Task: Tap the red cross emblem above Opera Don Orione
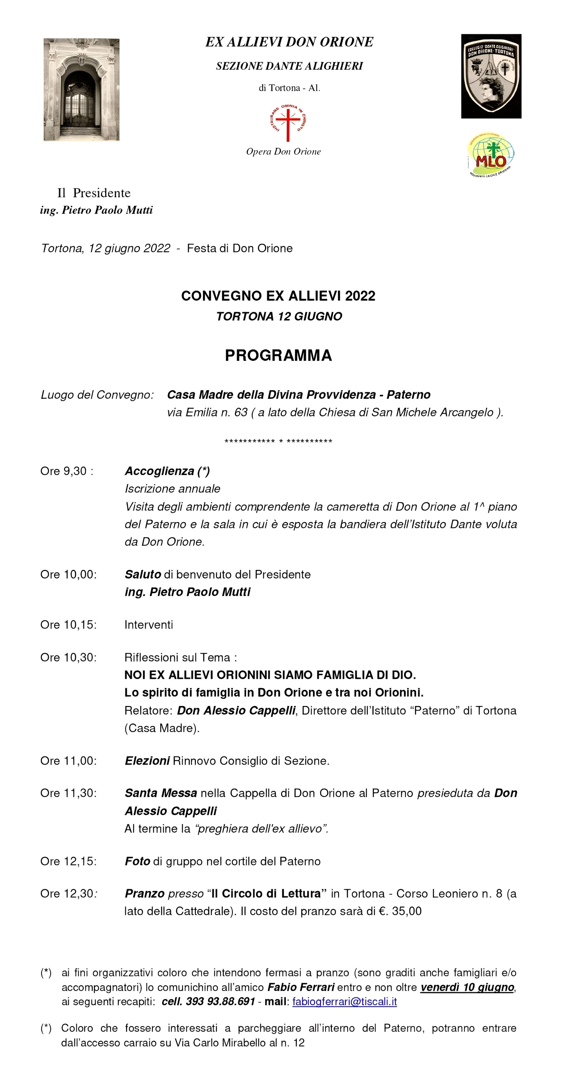tap(288, 122)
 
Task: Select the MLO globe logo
tap(491, 155)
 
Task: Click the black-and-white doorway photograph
tap(81, 89)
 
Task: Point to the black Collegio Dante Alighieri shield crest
tap(491, 76)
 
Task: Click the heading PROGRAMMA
tap(278, 355)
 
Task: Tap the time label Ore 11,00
tap(68, 761)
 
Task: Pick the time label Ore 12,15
tap(68, 861)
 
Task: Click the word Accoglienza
tap(159, 471)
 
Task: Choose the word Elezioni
tap(147, 761)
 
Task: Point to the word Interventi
tap(149, 625)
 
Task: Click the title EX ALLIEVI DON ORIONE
tap(289, 42)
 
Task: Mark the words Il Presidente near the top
tap(94, 193)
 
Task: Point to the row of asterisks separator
tap(278, 441)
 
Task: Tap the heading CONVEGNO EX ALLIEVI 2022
tap(278, 296)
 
